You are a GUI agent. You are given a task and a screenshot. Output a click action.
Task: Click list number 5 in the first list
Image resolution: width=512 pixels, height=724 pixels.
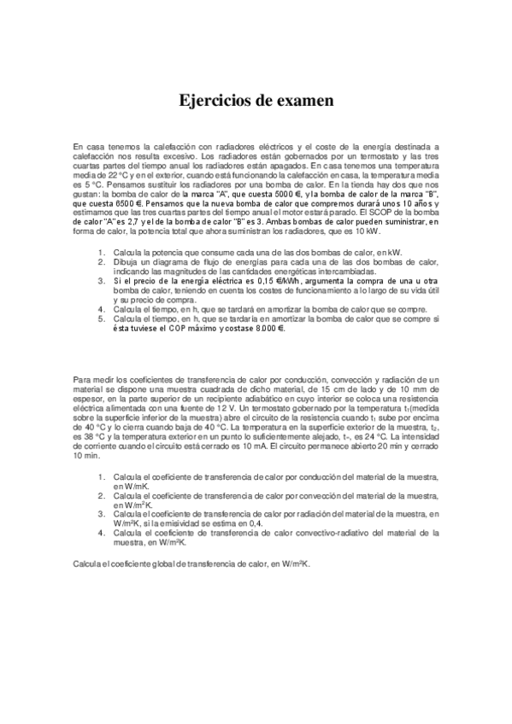pos(101,318)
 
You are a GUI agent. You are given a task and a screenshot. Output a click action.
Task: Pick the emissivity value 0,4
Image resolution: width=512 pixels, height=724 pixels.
pos(256,523)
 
